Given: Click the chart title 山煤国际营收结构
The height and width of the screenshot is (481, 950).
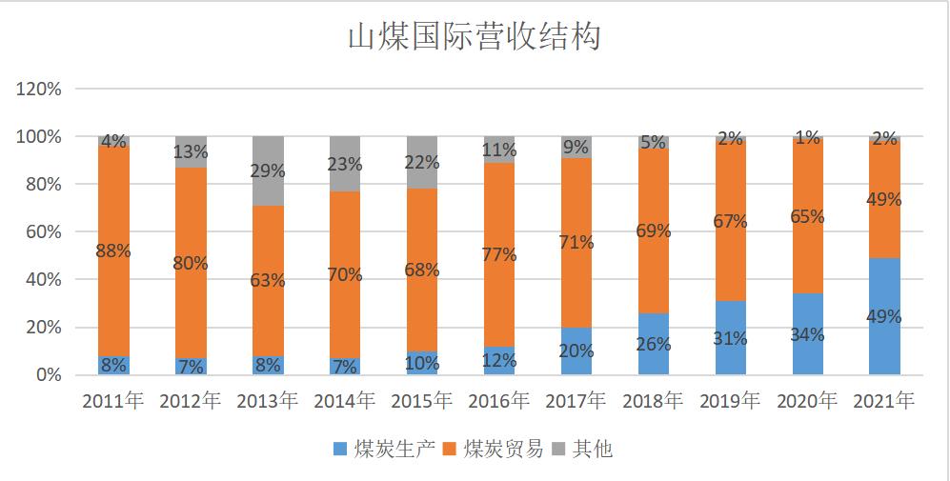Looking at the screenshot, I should point(474,37).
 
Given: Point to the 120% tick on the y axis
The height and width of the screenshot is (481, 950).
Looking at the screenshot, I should point(39,90).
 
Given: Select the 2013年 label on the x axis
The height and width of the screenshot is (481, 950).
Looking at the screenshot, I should point(267,401).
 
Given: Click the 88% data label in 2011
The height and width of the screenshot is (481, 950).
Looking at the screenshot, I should point(113,251).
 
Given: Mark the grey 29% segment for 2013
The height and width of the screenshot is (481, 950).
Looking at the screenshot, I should point(268,170).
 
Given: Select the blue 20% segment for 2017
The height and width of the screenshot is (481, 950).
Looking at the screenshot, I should point(576,351).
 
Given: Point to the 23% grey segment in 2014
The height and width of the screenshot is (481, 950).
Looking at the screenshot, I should point(344,164).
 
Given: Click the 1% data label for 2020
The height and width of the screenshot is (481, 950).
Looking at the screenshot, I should point(806,138).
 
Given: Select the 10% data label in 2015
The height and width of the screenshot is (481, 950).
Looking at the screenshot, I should point(421,363).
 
